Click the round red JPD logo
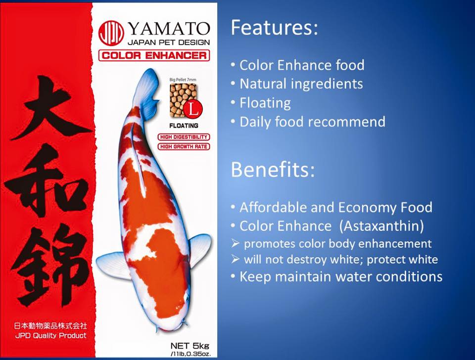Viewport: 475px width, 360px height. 111,33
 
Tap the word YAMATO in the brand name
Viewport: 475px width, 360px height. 169,29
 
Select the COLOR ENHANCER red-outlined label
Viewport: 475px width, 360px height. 154,55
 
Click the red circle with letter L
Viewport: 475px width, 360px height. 193,109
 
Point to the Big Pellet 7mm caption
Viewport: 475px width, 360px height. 183,80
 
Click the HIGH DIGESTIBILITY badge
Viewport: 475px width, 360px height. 184,137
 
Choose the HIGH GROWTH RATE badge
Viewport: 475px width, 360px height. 184,146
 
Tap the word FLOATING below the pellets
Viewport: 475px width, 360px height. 184,125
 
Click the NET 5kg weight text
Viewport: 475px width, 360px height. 190,346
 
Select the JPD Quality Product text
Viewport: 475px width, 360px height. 51,335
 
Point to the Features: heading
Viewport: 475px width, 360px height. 274,27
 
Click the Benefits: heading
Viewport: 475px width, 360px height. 273,169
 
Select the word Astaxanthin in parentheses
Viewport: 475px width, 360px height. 381,226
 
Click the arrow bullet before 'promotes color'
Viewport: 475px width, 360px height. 235,243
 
